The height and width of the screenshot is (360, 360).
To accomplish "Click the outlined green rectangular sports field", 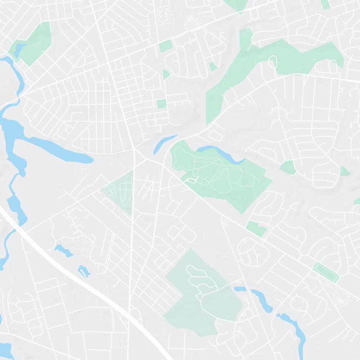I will tap(325, 272).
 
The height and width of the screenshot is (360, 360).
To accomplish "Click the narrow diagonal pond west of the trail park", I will tap(165, 143).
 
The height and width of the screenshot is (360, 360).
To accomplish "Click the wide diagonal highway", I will tap(90, 279).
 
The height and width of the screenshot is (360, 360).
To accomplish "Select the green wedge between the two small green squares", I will tap(166, 74).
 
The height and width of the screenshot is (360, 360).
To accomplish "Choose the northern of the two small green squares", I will tap(165, 46).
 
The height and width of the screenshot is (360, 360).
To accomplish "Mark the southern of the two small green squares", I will tap(162, 104).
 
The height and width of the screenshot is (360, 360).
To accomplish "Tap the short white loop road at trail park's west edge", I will tap(191, 180).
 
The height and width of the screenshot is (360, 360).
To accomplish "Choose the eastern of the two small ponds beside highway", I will tap(83, 271).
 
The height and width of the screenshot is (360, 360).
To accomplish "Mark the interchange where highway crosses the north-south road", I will tap(130, 312).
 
